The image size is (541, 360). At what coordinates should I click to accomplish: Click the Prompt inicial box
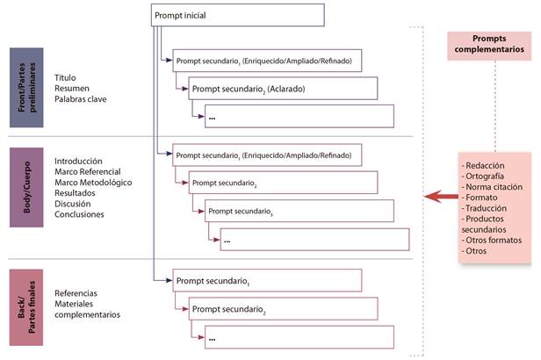[224, 16]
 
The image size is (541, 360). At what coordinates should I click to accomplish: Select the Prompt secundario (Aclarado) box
[281, 89]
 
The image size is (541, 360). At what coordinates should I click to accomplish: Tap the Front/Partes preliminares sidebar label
[26, 89]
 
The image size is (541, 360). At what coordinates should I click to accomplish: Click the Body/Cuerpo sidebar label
[26, 188]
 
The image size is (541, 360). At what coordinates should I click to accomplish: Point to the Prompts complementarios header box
[490, 45]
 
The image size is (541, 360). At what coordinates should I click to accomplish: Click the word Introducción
[78, 162]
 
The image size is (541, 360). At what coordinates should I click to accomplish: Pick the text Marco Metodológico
[93, 183]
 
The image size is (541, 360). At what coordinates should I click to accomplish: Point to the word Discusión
[74, 204]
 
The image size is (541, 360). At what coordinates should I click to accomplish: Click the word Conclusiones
[79, 214]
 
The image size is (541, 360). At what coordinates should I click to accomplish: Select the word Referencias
[76, 293]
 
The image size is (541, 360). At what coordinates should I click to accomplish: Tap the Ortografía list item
[485, 176]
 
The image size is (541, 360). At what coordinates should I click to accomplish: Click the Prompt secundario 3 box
[299, 211]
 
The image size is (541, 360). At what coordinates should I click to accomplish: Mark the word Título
[66, 78]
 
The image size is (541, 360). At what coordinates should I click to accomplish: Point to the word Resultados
[76, 193]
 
